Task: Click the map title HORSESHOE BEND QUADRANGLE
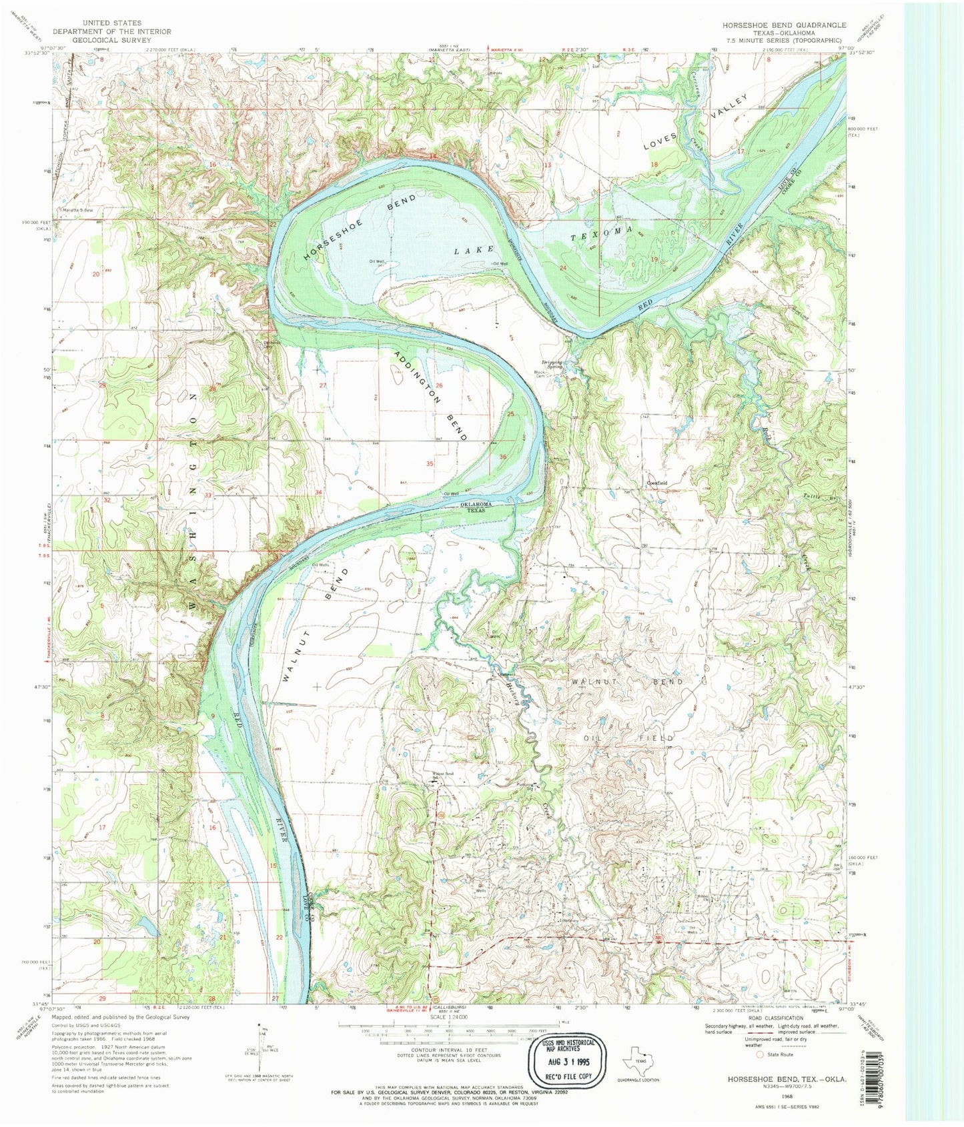click(x=783, y=25)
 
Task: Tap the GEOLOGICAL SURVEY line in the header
click(x=111, y=40)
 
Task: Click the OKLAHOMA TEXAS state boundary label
click(x=476, y=507)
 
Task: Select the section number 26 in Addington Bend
click(x=438, y=385)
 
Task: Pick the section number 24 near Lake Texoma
click(x=563, y=267)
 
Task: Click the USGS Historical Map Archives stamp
click(x=568, y=1059)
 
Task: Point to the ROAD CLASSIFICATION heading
click(x=775, y=1018)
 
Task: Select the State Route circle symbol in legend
click(x=759, y=1054)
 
